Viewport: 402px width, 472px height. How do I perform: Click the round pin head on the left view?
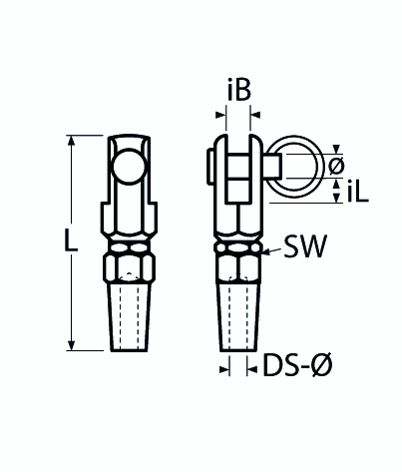[x=129, y=164]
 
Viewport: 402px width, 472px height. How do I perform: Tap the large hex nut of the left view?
[x=128, y=268]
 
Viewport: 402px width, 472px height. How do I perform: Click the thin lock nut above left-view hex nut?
[x=128, y=243]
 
